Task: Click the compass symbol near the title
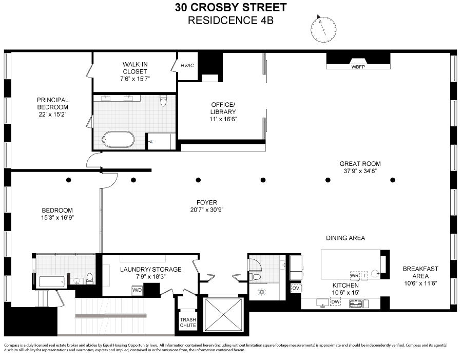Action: pos(323,29)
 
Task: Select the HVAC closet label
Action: pos(186,66)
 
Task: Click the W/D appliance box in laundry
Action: pos(138,290)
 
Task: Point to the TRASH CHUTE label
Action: pos(187,322)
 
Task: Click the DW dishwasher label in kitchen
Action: pos(335,302)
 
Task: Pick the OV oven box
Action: pos(295,288)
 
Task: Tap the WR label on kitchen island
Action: pos(354,275)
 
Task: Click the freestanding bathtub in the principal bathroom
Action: pos(118,140)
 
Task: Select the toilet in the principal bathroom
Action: pos(163,101)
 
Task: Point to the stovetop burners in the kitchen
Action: pos(356,304)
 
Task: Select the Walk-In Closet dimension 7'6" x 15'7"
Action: pos(135,80)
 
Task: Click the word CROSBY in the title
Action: pos(223,8)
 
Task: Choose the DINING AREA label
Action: pos(345,238)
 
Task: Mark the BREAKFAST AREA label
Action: pos(420,272)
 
